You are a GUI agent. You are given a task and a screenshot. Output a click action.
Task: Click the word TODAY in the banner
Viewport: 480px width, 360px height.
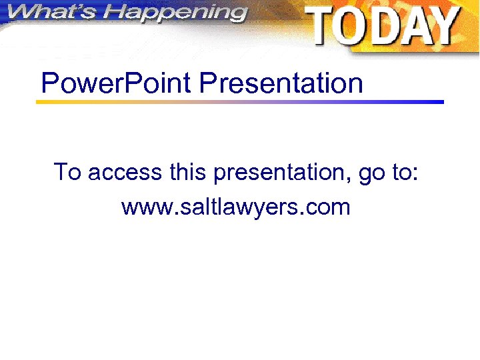(383, 27)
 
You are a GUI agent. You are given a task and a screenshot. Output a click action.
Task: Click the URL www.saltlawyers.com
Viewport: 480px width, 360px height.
(235, 207)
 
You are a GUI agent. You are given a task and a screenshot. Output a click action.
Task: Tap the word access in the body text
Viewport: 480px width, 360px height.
(125, 173)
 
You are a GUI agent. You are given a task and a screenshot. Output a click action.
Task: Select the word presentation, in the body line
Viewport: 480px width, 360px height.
(282, 173)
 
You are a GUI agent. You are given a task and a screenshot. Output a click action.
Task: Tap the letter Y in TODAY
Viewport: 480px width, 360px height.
(443, 27)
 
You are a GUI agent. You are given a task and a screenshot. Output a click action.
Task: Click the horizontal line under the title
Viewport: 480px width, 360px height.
(239, 102)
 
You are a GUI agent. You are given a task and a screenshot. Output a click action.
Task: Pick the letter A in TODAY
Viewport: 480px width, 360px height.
(414, 27)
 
